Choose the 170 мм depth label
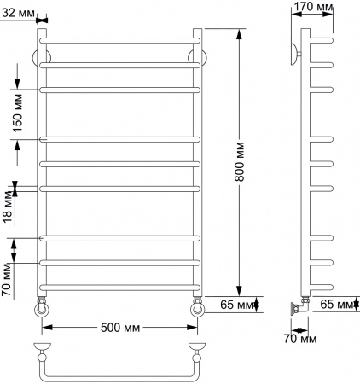(x=313, y=8)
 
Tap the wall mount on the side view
(x=295, y=51)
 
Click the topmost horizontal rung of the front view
(x=119, y=39)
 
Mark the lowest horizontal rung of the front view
(x=119, y=286)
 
